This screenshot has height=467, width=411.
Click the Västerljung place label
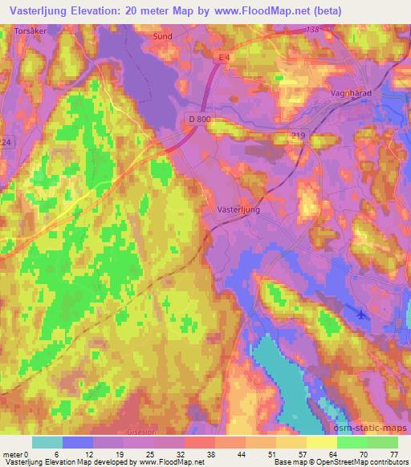[x=238, y=207]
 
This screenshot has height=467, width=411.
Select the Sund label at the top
[x=163, y=36]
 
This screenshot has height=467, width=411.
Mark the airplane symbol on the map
[x=361, y=313]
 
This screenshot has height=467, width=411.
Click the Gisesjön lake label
[x=141, y=431]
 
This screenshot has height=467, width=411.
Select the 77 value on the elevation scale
[x=393, y=453]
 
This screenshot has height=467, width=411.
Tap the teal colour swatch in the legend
[x=47, y=442]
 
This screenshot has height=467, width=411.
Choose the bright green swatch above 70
[x=352, y=442]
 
